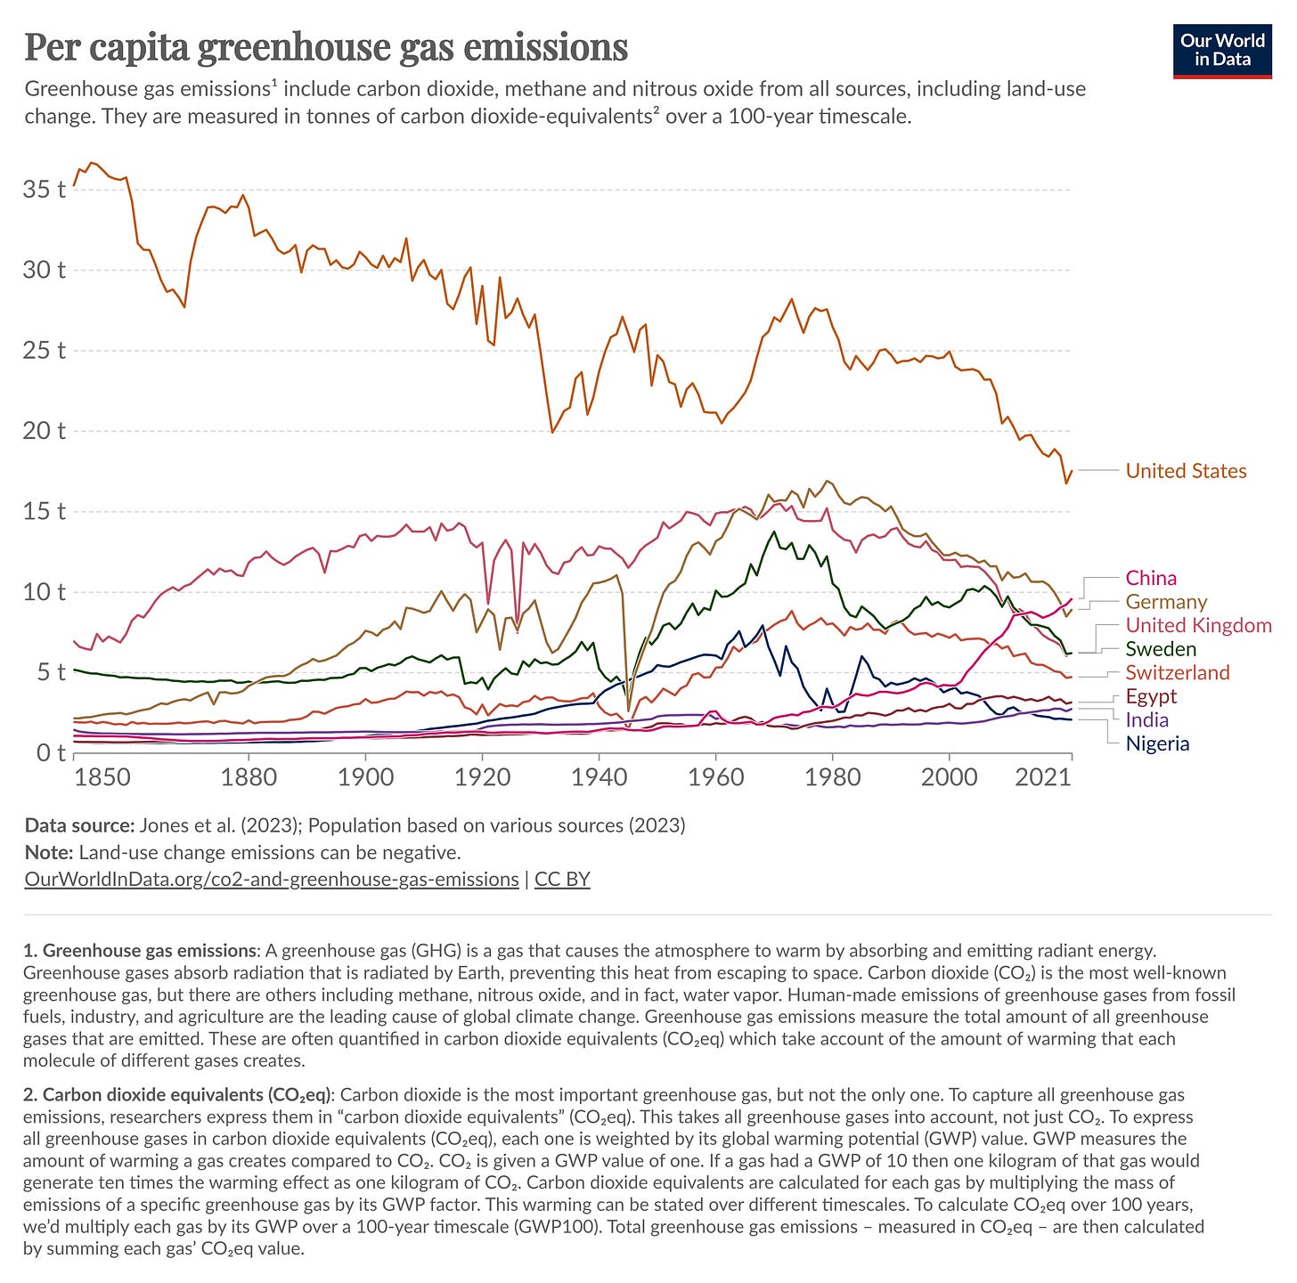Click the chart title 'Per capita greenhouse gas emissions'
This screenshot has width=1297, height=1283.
click(x=326, y=47)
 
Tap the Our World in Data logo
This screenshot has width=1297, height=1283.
click(x=1222, y=52)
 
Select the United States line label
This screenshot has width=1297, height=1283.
click(x=1186, y=471)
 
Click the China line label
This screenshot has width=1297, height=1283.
click(x=1151, y=578)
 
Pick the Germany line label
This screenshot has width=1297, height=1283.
click(x=1166, y=602)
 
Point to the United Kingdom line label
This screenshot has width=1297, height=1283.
click(x=1198, y=625)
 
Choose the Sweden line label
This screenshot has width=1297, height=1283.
click(x=1161, y=649)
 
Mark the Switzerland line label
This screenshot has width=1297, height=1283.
click(x=1177, y=672)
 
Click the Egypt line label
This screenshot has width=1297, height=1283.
click(x=1151, y=696)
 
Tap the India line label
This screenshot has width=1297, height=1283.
click(x=1147, y=719)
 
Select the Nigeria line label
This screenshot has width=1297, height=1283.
click(x=1157, y=743)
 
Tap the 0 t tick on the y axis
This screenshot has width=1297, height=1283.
click(x=49, y=753)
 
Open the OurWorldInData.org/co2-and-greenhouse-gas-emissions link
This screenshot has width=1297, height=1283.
click(x=272, y=880)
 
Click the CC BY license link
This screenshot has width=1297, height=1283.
click(x=562, y=880)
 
